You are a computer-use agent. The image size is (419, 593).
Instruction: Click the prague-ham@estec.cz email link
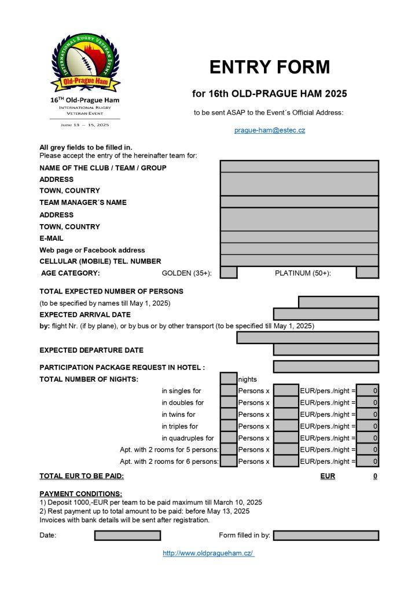[x=269, y=130]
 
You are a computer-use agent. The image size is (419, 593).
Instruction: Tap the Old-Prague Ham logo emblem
[x=86, y=64]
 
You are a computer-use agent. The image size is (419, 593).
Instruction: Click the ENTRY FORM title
[x=269, y=67]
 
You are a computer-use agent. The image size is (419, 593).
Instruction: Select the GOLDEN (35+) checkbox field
[x=229, y=273]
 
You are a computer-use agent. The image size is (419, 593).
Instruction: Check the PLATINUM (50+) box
[x=367, y=273]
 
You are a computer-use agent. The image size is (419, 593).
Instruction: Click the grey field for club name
[x=299, y=167]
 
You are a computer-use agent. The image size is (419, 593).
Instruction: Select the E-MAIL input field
[x=299, y=237]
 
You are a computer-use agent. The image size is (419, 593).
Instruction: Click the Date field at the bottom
[x=127, y=536]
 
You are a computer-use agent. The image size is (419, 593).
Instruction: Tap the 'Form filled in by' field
[x=326, y=536]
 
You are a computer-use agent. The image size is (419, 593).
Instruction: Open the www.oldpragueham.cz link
[x=208, y=554]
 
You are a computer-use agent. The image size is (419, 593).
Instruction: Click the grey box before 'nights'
[x=229, y=379]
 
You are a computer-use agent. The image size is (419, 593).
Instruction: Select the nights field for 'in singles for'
[x=229, y=391]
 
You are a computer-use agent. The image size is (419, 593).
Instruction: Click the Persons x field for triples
[x=286, y=426]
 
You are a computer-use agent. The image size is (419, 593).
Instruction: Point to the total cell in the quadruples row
[x=367, y=438]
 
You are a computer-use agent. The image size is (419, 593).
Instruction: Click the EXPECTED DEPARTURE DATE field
[x=326, y=350]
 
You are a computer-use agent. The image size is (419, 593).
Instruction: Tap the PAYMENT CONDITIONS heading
[x=80, y=494]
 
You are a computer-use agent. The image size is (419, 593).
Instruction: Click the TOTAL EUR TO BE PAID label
[x=82, y=477]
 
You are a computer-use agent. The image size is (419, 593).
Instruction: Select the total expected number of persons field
[x=338, y=302]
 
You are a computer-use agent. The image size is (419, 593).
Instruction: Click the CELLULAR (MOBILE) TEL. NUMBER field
[x=299, y=261]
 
